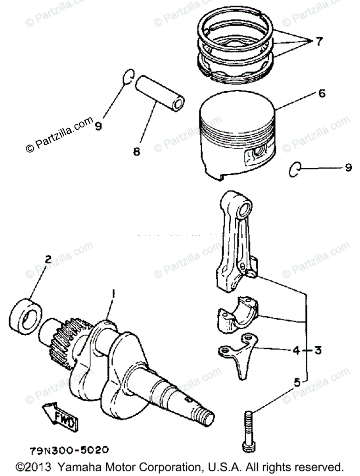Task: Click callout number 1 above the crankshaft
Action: (113, 294)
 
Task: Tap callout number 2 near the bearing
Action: (48, 260)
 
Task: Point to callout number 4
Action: (295, 351)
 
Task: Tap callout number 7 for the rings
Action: (319, 41)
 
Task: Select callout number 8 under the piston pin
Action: (136, 151)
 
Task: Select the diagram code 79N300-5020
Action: (68, 451)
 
